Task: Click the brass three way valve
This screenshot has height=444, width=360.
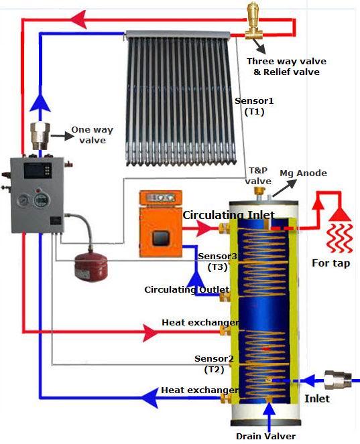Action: point(253,21)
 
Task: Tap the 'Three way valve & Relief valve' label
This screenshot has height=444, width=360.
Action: point(286,66)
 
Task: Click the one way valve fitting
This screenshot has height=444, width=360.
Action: point(40,136)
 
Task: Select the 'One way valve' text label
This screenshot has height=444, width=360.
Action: point(92,135)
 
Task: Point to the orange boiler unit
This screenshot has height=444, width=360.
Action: point(160,224)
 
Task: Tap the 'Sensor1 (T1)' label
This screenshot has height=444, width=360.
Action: point(254,106)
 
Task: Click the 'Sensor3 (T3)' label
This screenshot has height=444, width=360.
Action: point(217,261)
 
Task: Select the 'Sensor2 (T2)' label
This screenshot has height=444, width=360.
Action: point(214,364)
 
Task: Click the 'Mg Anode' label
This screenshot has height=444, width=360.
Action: point(303,173)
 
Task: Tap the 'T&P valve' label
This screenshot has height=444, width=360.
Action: point(258,175)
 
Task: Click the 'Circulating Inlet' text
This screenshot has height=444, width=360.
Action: point(229,215)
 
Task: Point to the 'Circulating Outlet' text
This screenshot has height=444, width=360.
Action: point(187,290)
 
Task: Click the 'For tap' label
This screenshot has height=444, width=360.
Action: point(331,263)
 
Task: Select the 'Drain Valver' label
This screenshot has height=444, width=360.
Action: point(265,436)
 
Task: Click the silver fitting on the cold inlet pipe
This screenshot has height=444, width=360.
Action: point(338,380)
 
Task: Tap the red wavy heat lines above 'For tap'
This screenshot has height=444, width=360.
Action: point(340,238)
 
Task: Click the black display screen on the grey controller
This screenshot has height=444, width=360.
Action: point(38,171)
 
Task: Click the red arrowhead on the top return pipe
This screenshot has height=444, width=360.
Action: point(78,19)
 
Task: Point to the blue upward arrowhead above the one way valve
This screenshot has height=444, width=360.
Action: point(40,101)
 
